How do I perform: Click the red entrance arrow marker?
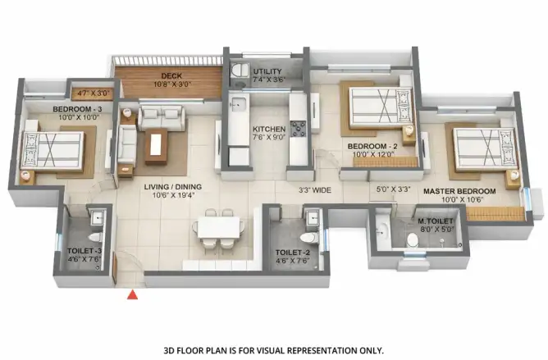[x=132, y=295]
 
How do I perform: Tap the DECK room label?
[x=171, y=75]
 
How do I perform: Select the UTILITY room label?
[x=267, y=71]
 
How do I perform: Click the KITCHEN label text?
[x=269, y=129]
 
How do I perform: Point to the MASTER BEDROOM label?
[x=459, y=191]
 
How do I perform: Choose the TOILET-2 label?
[x=293, y=253]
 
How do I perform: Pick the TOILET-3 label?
[x=84, y=251]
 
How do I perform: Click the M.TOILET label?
[x=436, y=221]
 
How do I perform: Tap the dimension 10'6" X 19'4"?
[x=173, y=195]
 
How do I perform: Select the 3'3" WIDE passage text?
[x=315, y=190]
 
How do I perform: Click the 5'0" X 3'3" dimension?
[x=393, y=189]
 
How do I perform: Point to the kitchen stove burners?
[x=298, y=129]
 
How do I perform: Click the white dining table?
[x=219, y=228]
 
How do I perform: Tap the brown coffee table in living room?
[x=156, y=146]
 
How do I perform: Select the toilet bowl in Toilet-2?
[x=309, y=237]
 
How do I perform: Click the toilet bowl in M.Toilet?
[x=413, y=239]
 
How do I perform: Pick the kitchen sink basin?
[x=238, y=104]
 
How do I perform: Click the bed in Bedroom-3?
[x=53, y=150]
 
